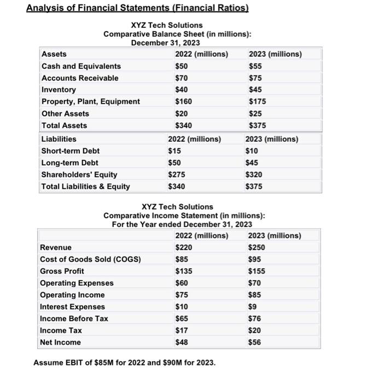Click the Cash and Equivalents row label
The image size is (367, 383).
[x=81, y=66]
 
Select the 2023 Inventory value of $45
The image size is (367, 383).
[x=255, y=90]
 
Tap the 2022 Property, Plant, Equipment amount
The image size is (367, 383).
[x=184, y=102]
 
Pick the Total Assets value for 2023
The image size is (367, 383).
[x=257, y=125]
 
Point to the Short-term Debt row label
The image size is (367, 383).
[x=71, y=151]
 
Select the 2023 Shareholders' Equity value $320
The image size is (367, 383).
[x=257, y=175]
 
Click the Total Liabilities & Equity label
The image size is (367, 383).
[x=86, y=187]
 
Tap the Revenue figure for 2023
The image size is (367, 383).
[x=257, y=247]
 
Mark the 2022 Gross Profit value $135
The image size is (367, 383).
[x=184, y=271]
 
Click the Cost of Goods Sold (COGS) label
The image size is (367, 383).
[x=90, y=259]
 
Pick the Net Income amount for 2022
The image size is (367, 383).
[x=182, y=343]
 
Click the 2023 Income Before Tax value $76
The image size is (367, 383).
[x=255, y=319]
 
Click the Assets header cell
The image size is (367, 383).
[x=54, y=54]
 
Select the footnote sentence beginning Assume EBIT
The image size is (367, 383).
[x=125, y=363]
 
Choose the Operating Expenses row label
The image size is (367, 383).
[x=77, y=283]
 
